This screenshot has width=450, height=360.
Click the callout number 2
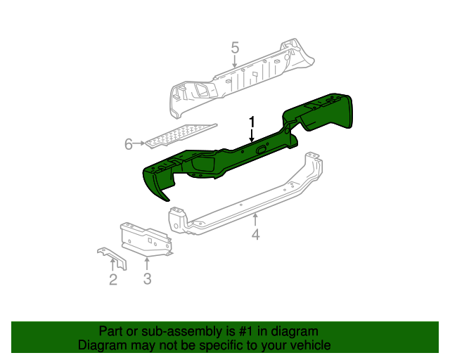(112, 281)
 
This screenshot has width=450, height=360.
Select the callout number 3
(147, 280)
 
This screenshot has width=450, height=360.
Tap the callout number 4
(256, 235)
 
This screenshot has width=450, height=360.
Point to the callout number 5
(235, 48)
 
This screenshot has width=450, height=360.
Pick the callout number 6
(129, 144)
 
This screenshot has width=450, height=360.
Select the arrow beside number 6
(141, 144)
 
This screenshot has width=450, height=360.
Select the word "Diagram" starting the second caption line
(101, 345)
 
